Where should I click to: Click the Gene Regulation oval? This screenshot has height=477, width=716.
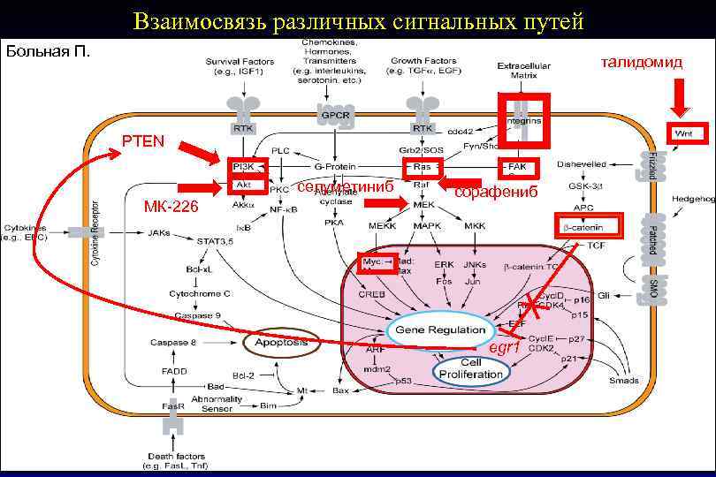pos(440,329)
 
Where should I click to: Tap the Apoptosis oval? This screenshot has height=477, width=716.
pos(281,341)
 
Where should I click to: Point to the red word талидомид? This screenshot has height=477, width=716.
pos(642,61)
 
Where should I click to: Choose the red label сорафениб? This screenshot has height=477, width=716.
pos(495,192)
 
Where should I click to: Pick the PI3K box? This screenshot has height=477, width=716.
pos(241,166)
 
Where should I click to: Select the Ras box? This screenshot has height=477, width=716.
pos(422,166)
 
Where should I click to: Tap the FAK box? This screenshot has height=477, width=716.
pos(518,166)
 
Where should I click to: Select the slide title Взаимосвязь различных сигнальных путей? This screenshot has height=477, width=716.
pos(358,21)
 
